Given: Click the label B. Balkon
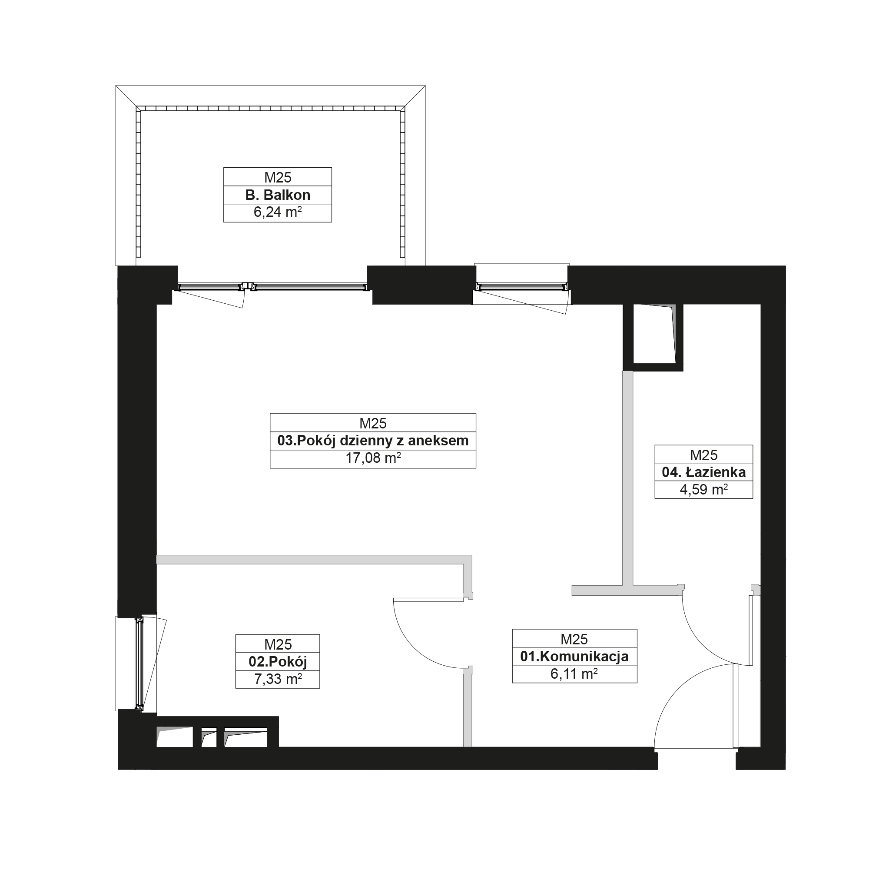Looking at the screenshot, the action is (278, 195).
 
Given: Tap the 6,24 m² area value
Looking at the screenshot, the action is (278, 212).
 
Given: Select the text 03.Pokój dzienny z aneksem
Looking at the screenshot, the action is (373, 440).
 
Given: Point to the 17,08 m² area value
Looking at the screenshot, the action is (373, 458).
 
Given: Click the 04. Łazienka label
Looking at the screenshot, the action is (703, 472).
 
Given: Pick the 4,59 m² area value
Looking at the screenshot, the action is (703, 489).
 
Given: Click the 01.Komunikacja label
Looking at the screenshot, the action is (574, 656).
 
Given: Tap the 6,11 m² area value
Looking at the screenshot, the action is (574, 674).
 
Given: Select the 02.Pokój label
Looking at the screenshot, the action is (278, 662).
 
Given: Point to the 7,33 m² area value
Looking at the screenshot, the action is (278, 679).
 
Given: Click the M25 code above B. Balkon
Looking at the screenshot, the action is (278, 177).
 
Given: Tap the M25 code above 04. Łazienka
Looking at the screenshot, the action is (703, 455).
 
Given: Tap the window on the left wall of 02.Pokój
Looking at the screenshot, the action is (139, 663).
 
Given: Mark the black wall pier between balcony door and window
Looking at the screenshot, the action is (421, 285).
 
